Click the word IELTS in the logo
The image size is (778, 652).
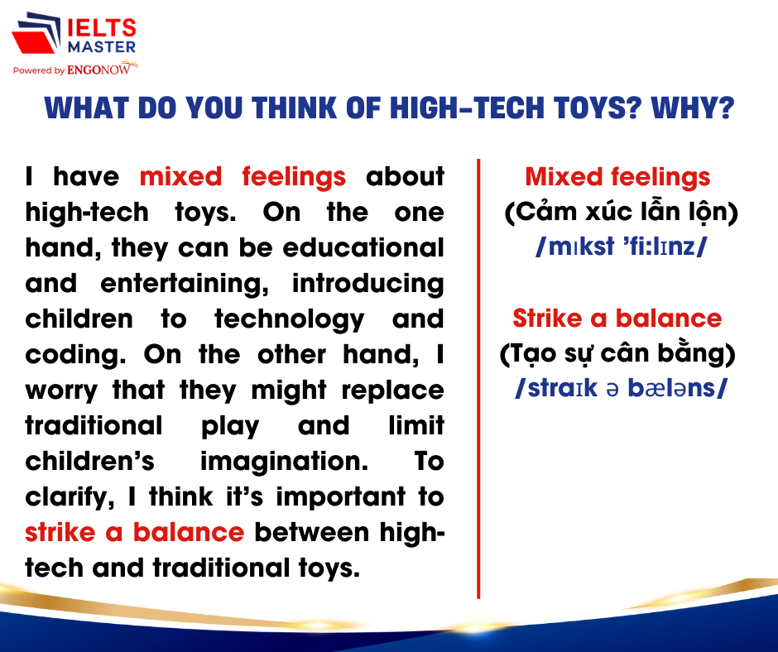[x=101, y=28]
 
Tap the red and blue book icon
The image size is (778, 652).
[x=36, y=33]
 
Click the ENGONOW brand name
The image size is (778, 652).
[x=98, y=70]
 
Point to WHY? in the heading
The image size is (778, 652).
[x=693, y=108]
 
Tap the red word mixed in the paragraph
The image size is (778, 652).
[x=180, y=177]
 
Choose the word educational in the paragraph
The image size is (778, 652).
[x=363, y=247]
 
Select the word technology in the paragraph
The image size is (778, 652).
[x=290, y=319]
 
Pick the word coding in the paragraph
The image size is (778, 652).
[x=75, y=355]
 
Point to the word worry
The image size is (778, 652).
[x=61, y=391]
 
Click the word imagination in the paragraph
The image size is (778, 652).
[x=285, y=462]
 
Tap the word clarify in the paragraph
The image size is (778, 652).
[x=70, y=497]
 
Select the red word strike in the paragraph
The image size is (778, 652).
[x=60, y=532]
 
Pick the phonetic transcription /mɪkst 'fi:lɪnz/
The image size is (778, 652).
[x=622, y=246]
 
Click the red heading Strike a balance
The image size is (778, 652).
[x=617, y=318]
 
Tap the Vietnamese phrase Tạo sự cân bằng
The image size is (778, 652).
[x=617, y=354]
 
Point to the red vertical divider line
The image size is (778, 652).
[x=478, y=379]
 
